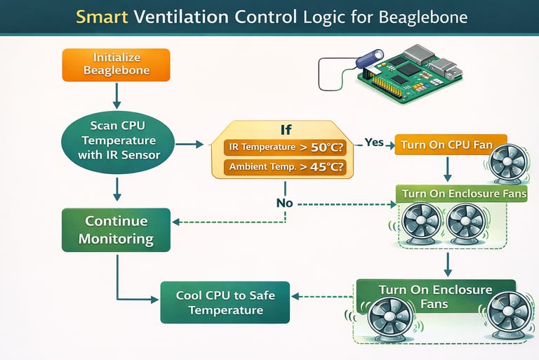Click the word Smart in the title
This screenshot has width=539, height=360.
pyautogui.click(x=100, y=17)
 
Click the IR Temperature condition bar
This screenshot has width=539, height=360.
pyautogui.click(x=284, y=147)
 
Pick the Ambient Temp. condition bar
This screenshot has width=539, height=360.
pyautogui.click(x=284, y=168)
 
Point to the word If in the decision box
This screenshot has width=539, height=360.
pyautogui.click(x=284, y=130)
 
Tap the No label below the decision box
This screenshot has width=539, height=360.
pyautogui.click(x=284, y=204)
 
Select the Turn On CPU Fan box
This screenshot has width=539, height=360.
pyautogui.click(x=446, y=145)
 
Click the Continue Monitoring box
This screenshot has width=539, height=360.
pyautogui.click(x=117, y=229)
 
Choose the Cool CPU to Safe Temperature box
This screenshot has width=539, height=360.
pyautogui.click(x=225, y=302)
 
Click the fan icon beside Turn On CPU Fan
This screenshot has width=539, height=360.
pyautogui.click(x=507, y=163)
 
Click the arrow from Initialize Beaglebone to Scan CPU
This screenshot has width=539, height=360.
pyautogui.click(x=117, y=94)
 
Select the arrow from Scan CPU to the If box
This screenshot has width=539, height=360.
pyautogui.click(x=187, y=145)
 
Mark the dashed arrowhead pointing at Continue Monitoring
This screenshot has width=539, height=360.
pyautogui.click(x=175, y=222)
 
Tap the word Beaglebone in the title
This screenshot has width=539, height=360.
pyautogui.click(x=426, y=17)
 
